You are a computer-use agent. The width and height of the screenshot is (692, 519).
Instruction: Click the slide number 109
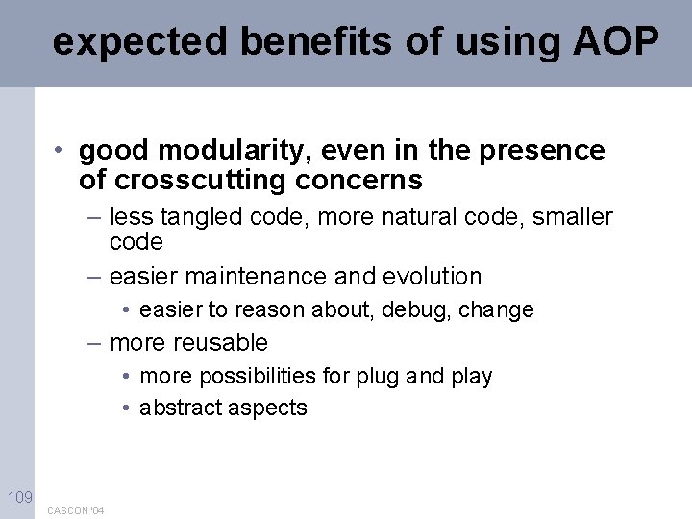pyautogui.click(x=18, y=497)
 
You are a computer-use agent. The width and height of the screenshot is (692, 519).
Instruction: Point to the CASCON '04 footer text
pyautogui.click(x=76, y=510)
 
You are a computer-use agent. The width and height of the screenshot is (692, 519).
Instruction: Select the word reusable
pyautogui.click(x=222, y=343)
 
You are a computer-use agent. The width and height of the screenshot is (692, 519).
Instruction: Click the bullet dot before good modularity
pyautogui.click(x=60, y=151)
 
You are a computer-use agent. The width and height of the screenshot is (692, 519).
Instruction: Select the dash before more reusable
pyautogui.click(x=93, y=343)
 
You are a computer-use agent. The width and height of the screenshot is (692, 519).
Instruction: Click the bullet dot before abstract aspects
pyautogui.click(x=127, y=408)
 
